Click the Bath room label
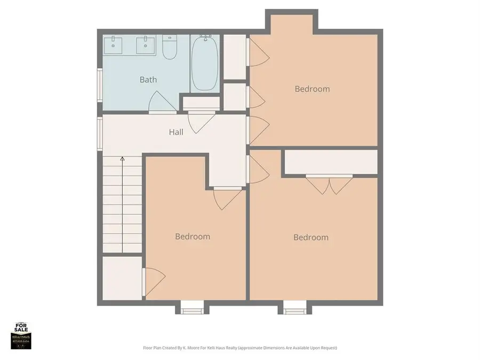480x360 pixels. (148, 80)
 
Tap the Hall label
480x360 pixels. (176, 132)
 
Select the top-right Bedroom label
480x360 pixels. (312, 89)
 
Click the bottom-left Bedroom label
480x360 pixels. (193, 236)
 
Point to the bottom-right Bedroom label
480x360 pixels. (310, 237)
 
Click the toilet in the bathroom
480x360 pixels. (170, 47)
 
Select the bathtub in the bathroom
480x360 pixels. (204, 63)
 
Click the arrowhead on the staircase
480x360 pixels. (122, 158)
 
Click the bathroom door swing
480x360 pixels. (161, 102)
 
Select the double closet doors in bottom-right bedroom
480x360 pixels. (329, 184)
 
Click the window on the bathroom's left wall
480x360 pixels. (100, 85)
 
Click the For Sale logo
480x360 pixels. (21, 336)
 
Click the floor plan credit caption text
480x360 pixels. (240, 348)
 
